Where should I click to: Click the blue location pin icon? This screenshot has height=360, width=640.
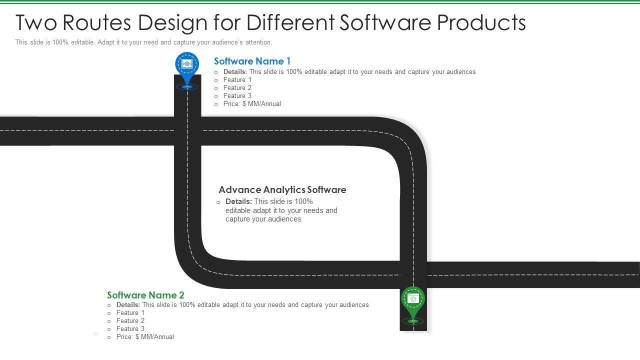(x=187, y=65)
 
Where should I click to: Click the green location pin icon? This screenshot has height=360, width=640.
(x=413, y=299)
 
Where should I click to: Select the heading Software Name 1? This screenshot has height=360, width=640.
(x=252, y=61)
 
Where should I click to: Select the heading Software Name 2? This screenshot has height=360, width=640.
(x=145, y=295)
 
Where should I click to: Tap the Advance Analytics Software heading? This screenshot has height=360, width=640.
(x=282, y=190)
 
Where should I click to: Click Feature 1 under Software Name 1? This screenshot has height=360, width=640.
(x=237, y=80)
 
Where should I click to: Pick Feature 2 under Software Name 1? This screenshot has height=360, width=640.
(x=237, y=88)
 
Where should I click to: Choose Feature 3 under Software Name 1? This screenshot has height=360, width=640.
(x=237, y=96)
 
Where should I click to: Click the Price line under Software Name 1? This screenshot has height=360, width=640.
(x=252, y=104)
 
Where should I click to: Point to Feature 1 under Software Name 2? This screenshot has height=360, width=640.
(x=130, y=313)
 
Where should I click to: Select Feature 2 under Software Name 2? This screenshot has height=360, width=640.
(x=130, y=321)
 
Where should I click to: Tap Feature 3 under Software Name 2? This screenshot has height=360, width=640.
(x=130, y=329)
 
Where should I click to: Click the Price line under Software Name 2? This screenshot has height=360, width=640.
(x=145, y=337)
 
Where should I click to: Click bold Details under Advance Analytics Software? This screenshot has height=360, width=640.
(x=238, y=201)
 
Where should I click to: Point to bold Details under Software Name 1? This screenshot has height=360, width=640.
(x=235, y=72)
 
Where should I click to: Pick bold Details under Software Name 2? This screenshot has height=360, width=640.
(x=128, y=305)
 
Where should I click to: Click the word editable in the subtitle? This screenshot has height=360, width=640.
(x=82, y=42)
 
